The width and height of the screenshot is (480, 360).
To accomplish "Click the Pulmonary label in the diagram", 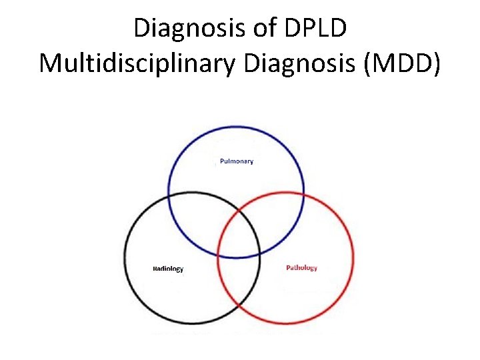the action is coord(237,161).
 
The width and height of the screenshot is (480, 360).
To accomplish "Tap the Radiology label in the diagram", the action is coord(168,269).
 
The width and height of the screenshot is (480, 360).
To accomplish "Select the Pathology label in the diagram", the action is coord(301,268).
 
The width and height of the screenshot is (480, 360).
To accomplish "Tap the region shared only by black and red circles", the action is coord(239,280).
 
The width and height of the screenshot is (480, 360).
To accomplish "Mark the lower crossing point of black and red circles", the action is coord(239,306).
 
